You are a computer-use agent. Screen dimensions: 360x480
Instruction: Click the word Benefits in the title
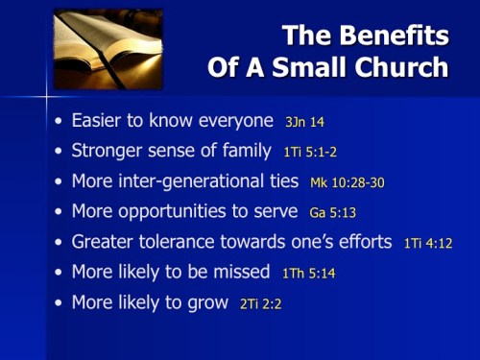tap(395, 36)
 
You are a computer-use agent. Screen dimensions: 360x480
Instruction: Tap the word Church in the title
tap(402, 68)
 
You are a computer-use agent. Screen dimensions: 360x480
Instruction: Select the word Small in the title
tap(307, 68)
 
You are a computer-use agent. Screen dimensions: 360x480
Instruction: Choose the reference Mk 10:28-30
tap(347, 182)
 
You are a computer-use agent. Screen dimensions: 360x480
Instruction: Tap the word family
tap(246, 152)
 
